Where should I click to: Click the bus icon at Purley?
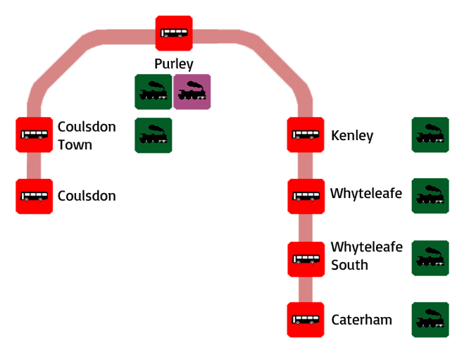pyautogui.click(x=173, y=32)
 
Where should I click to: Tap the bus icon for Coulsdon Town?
pyautogui.click(x=34, y=135)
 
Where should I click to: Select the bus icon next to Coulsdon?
pyautogui.click(x=34, y=196)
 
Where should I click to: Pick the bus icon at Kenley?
pyautogui.click(x=306, y=135)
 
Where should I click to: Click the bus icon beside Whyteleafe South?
pyautogui.click(x=306, y=259)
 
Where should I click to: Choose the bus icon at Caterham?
pyautogui.click(x=306, y=320)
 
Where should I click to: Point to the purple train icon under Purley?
pyautogui.click(x=192, y=92)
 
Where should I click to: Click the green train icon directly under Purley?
pyautogui.click(x=154, y=92)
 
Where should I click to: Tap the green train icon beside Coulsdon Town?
pyautogui.click(x=154, y=135)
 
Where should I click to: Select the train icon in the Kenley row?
pyautogui.click(x=430, y=135)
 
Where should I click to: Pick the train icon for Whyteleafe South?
pyautogui.click(x=430, y=259)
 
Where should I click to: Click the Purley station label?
pyautogui.click(x=173, y=63)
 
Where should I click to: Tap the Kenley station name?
pyautogui.click(x=352, y=135)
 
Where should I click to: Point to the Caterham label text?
pyautogui.click(x=361, y=320)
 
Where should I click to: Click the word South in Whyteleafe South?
pyautogui.click(x=349, y=266)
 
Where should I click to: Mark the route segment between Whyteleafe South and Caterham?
pyautogui.click(x=306, y=290)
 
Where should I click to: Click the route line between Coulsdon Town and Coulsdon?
pyautogui.click(x=34, y=166)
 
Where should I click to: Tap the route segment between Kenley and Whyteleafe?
pyautogui.click(x=306, y=166)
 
